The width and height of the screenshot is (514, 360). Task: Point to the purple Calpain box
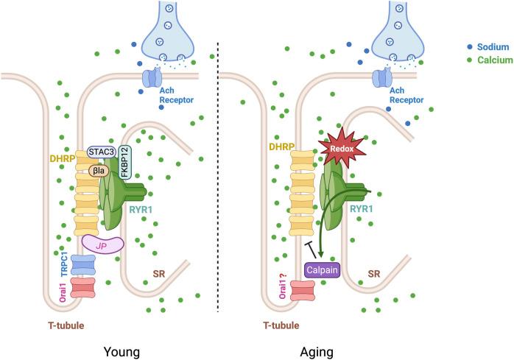point(323,270)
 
